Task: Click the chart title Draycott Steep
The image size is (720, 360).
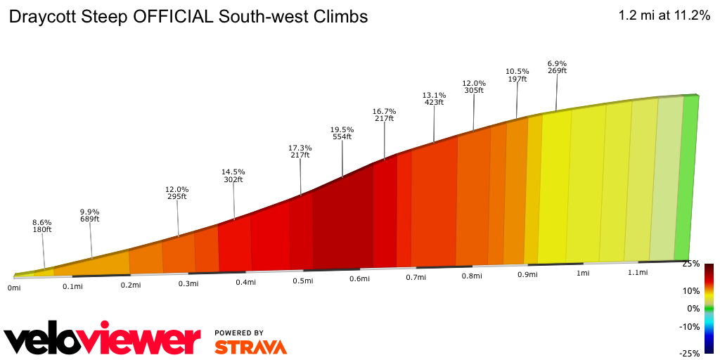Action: (x=188, y=16)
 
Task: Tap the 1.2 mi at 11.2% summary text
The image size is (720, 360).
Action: (x=664, y=15)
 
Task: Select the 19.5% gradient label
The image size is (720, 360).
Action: (x=342, y=130)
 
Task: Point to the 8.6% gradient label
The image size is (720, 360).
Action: (x=42, y=221)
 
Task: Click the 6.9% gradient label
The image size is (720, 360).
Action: (x=557, y=64)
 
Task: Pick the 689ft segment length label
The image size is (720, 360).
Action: (x=89, y=219)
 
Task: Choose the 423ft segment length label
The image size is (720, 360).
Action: (x=434, y=103)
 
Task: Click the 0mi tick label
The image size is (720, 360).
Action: (x=14, y=287)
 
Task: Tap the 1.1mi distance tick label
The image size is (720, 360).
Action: (x=637, y=272)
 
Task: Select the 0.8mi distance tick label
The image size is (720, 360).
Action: (x=472, y=276)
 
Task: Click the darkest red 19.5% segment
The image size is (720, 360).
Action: (x=343, y=221)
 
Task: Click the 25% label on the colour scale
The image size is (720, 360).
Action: (x=690, y=264)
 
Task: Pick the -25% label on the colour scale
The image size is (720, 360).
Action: (x=688, y=353)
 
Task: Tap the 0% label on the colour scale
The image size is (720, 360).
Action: (x=693, y=309)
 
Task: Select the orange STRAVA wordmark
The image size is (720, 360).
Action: (x=250, y=347)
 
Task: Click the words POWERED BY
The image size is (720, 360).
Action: (x=239, y=333)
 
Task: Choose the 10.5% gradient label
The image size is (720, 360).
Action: (x=517, y=71)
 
